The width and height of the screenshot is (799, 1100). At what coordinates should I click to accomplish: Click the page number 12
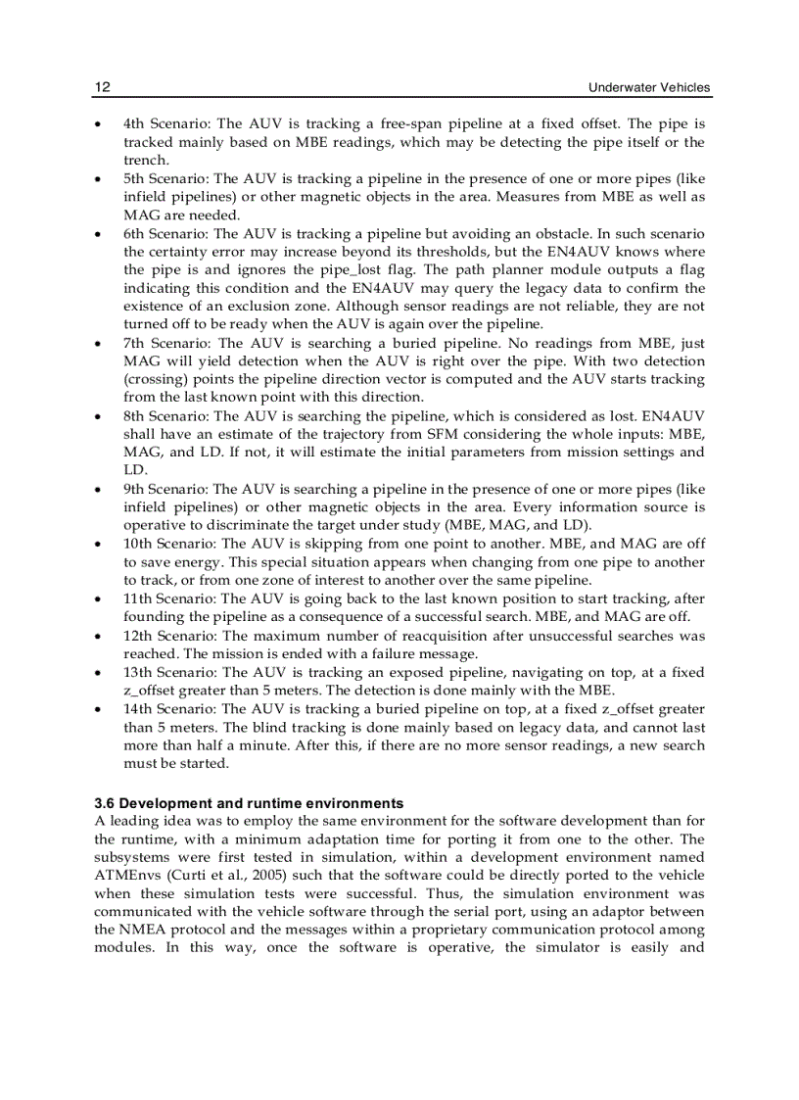click(102, 87)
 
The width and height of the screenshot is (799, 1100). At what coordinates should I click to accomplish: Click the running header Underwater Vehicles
click(649, 87)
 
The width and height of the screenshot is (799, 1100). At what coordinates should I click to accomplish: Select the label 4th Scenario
click(164, 124)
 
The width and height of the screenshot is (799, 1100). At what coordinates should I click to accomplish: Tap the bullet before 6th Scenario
click(98, 234)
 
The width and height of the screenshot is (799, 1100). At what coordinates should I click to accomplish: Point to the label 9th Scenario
click(164, 489)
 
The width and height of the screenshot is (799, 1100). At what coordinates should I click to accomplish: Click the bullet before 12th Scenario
click(98, 636)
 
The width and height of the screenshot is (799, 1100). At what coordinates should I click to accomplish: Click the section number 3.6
click(105, 803)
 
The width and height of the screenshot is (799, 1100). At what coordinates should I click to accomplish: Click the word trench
click(145, 161)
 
